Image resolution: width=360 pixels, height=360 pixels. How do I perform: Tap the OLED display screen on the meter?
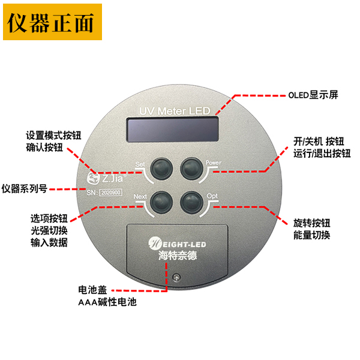pyautogui.click(x=175, y=128)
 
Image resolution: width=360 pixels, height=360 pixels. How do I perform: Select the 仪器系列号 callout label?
pyautogui.click(x=25, y=188)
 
